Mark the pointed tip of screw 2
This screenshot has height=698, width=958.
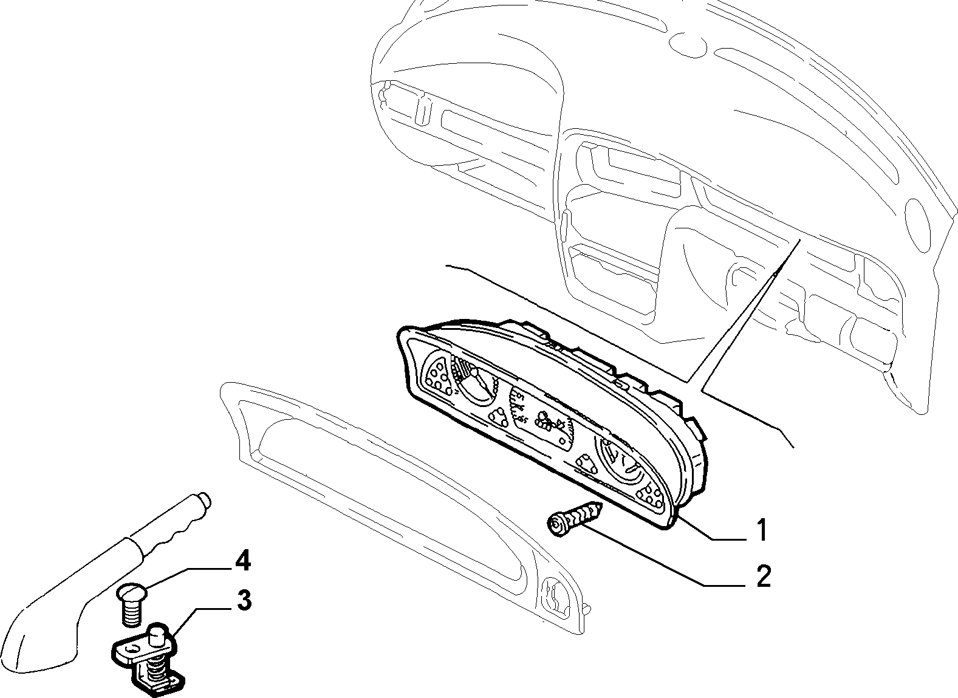[603, 505]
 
